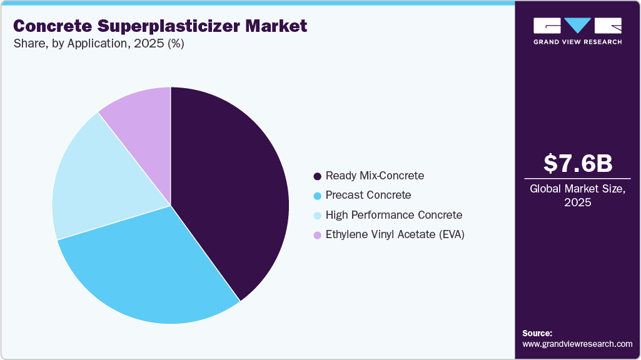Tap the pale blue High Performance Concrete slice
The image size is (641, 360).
click(94, 181)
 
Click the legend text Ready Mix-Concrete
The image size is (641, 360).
click(375, 176)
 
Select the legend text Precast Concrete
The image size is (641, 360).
click(368, 195)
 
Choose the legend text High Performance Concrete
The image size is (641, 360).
click(394, 215)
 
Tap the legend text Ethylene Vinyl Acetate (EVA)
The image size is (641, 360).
click(395, 235)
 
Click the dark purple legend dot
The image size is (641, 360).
click(318, 176)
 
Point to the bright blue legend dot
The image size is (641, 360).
click(318, 196)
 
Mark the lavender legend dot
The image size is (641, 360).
click(318, 236)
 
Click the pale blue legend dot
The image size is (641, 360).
click(318, 216)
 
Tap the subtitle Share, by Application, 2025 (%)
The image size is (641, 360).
click(98, 44)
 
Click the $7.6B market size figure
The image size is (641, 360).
click(577, 163)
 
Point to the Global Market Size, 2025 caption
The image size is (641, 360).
click(577, 196)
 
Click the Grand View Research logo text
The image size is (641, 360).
click(577, 42)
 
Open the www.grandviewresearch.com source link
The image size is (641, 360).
click(577, 344)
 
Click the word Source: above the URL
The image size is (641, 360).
click(537, 333)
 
